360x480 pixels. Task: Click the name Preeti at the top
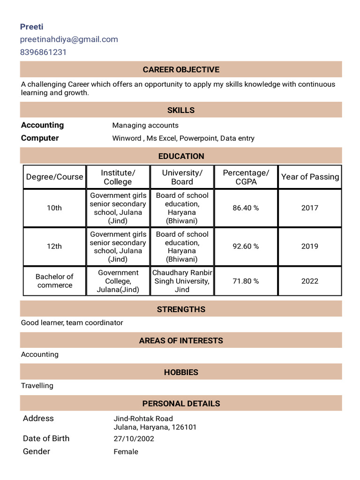pos(31,27)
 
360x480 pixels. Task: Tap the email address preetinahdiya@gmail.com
pos(69,39)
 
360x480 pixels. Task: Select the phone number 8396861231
pos(43,52)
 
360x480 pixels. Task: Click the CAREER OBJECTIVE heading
pos(181,70)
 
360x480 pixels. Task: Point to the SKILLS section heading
pos(181,110)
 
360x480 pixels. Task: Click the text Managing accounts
pos(145,125)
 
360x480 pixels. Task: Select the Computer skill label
pos(40,138)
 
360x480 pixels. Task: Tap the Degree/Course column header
pos(54,177)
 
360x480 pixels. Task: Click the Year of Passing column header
pos(310,177)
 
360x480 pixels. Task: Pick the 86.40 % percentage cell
pos(246,208)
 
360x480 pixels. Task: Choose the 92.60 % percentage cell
pos(246,246)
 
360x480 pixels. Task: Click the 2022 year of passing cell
pos(310,281)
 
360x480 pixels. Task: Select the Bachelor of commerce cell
pos(54,281)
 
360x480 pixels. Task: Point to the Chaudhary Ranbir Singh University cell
pos(182,281)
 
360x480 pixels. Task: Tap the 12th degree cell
pos(54,246)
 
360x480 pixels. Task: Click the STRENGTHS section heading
pos(181,309)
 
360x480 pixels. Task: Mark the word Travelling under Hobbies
pos(37,386)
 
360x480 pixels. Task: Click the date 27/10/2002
pos(134,439)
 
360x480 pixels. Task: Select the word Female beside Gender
pos(126,452)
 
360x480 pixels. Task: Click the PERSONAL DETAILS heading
pos(181,404)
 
